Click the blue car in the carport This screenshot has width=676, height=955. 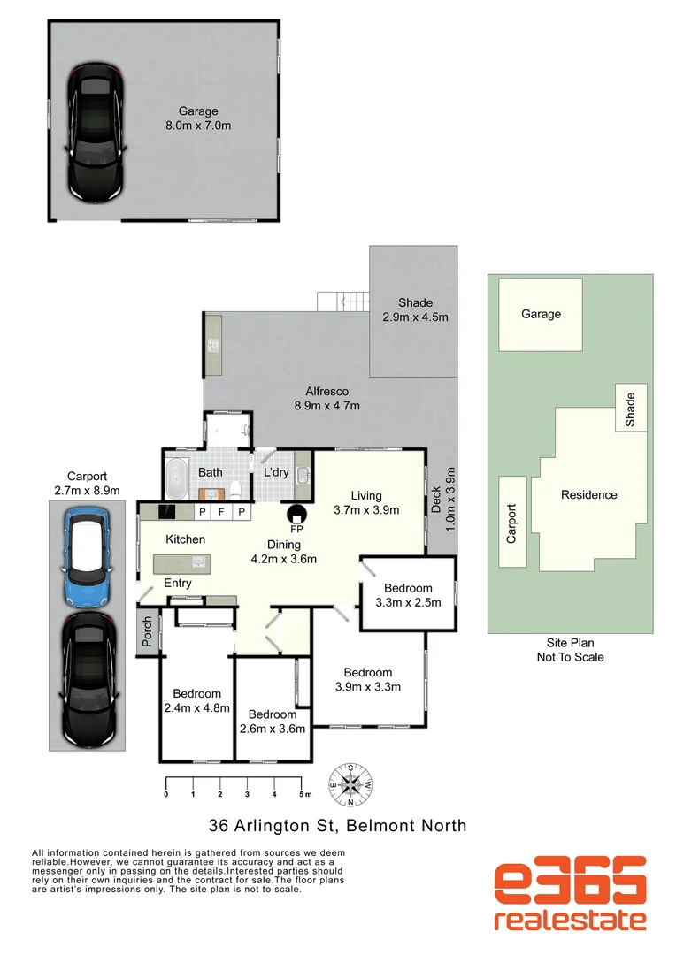86,555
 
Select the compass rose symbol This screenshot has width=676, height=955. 351,784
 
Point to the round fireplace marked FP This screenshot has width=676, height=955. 295,514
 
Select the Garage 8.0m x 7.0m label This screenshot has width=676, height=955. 198,118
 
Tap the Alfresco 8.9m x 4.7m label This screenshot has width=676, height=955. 326,398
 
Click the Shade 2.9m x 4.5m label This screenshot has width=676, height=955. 415,309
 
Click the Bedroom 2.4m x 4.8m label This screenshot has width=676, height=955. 196,700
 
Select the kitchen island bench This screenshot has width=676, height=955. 181,562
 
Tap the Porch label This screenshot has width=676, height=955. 147,632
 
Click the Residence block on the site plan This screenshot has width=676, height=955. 588,495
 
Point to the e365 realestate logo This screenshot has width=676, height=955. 569,895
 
